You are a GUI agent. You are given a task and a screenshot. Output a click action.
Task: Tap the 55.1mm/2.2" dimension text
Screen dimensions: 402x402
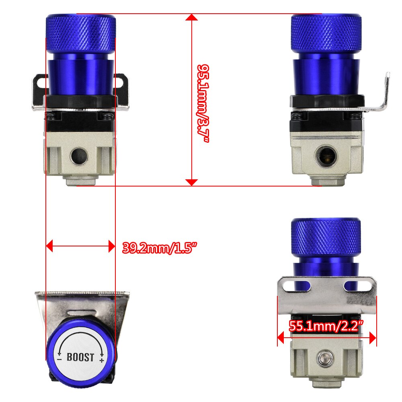click(x=326, y=326)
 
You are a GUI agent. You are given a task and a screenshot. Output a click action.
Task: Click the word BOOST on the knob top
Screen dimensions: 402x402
click(x=80, y=357)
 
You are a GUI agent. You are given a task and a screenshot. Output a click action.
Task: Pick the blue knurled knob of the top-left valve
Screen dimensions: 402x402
click(x=81, y=33)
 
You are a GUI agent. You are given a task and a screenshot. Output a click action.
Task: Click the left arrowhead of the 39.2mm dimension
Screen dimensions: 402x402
click(x=49, y=246)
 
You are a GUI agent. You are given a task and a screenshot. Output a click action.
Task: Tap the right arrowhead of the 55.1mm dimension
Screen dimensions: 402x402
click(x=373, y=338)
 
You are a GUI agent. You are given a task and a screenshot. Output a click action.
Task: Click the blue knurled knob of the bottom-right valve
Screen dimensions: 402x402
click(x=325, y=238)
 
